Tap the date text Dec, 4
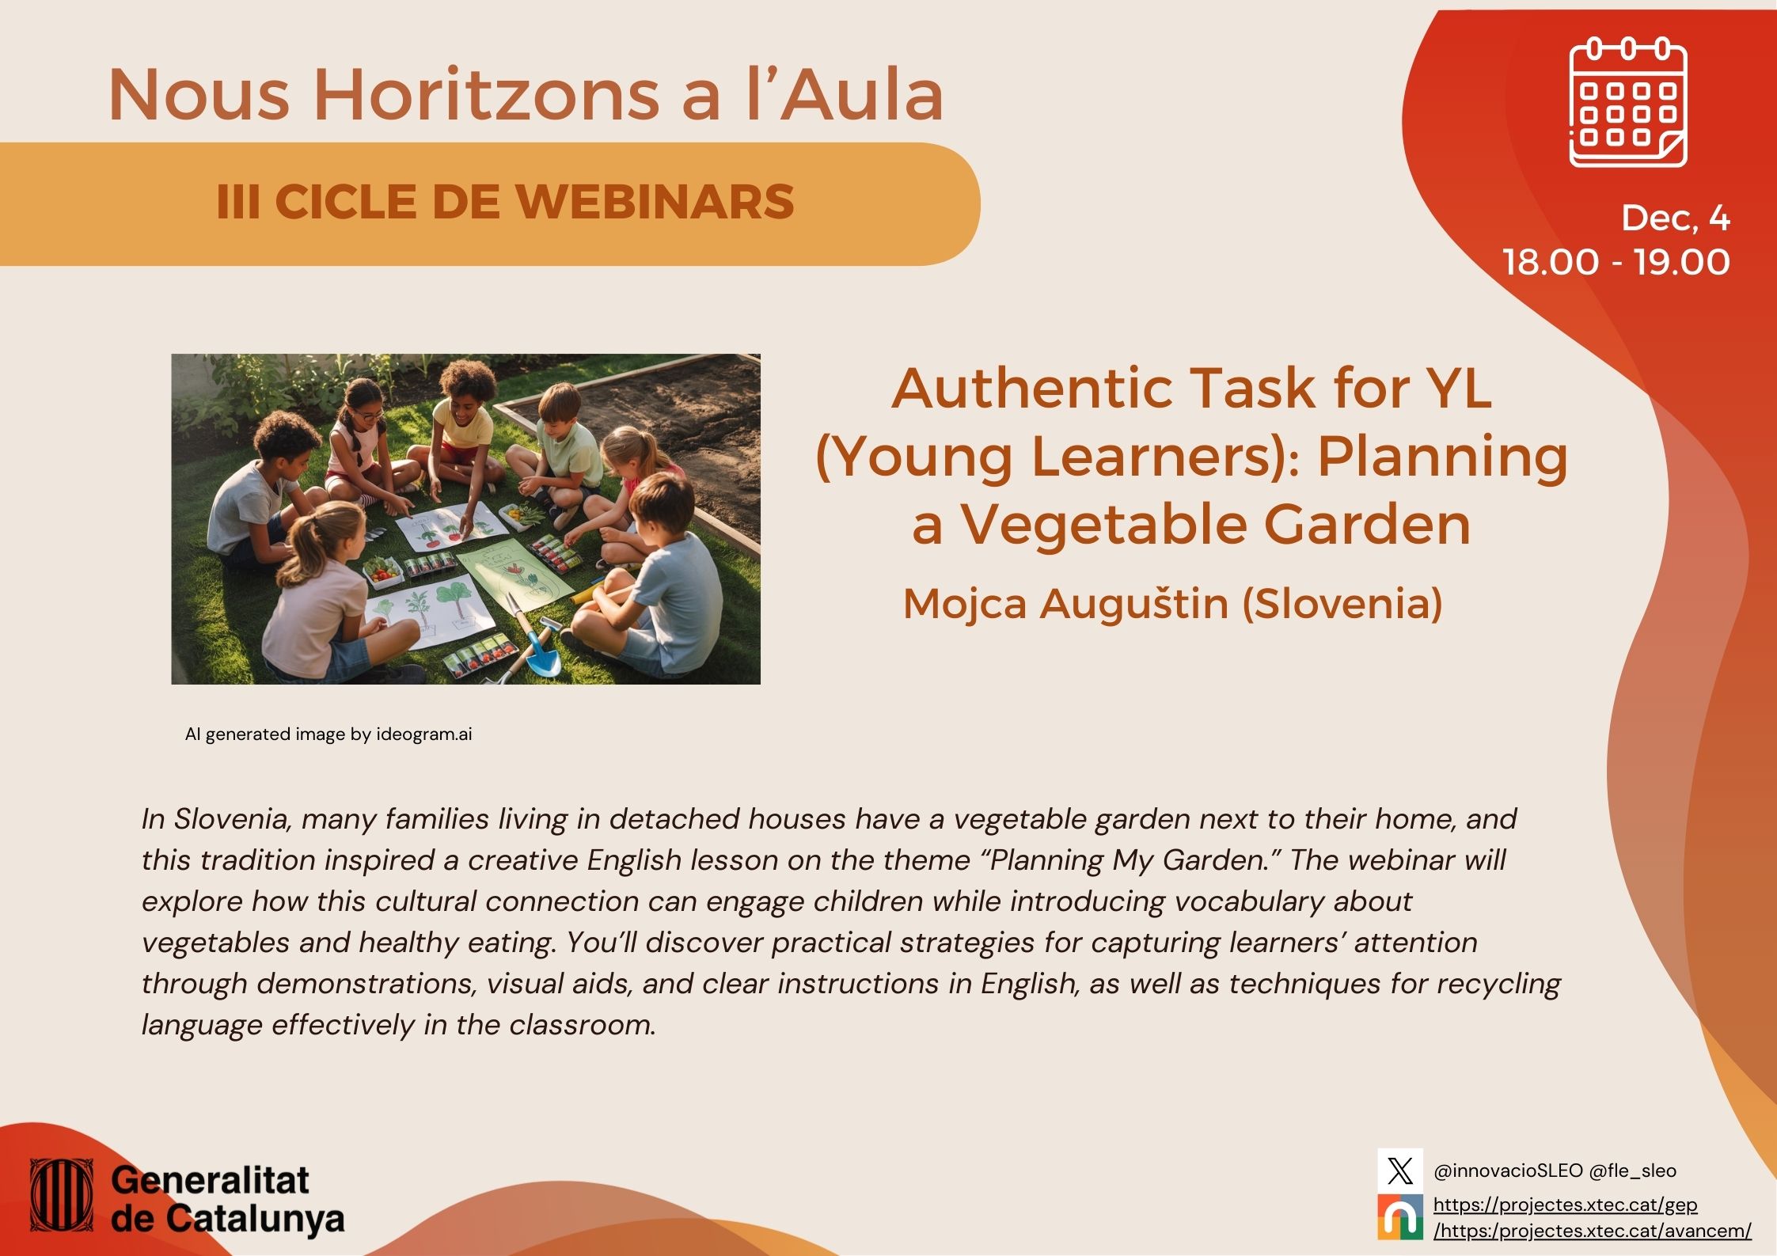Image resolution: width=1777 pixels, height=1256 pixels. coord(1675,218)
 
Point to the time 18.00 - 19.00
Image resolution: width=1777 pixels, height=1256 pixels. coord(1616,262)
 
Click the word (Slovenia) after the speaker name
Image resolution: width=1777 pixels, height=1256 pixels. coord(1342,604)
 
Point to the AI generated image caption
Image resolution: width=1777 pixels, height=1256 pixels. coord(328,734)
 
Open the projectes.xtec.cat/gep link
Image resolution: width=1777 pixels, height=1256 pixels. coord(1565,1205)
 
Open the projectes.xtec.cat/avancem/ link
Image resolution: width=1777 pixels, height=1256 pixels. coord(1593,1231)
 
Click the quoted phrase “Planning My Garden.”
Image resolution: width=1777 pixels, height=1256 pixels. coord(1136,860)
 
